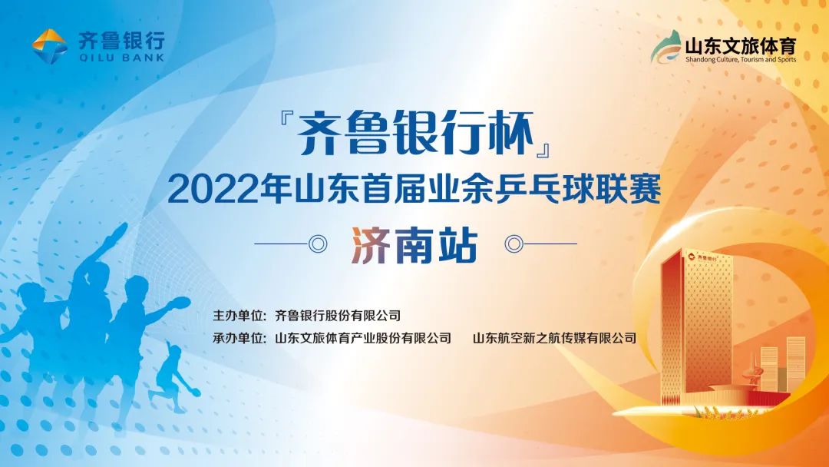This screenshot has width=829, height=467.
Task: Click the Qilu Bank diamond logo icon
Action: [x=49, y=46]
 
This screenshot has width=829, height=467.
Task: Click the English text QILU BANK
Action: [x=121, y=58]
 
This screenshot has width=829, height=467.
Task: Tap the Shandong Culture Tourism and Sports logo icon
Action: [x=666, y=47]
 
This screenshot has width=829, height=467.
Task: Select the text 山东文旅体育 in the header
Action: [x=741, y=45]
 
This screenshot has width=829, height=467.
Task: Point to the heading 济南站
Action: [x=414, y=245]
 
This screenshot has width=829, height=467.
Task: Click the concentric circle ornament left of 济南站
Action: [x=318, y=243]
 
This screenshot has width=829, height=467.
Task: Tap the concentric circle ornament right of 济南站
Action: [x=514, y=243]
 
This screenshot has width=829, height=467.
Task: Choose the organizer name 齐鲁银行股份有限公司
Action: [x=338, y=316]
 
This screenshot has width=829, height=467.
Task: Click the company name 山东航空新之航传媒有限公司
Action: [x=554, y=338]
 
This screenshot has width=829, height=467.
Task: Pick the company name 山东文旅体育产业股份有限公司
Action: [x=362, y=338]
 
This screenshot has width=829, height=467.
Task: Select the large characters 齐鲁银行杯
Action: [x=414, y=134]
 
